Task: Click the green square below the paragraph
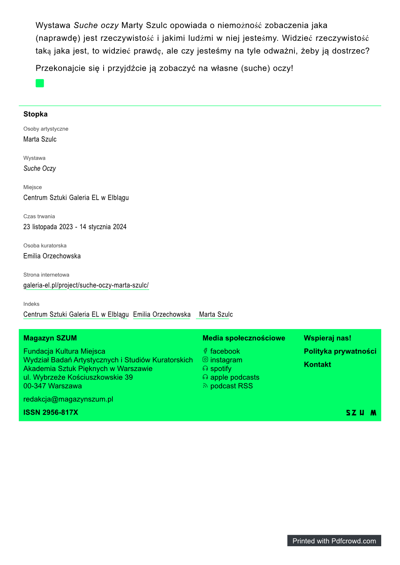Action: pyautogui.click(x=40, y=83)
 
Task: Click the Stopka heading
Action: pyautogui.click(x=36, y=114)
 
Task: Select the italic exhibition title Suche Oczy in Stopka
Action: pyautogui.click(x=40, y=168)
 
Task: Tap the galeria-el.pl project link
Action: pyautogui.click(x=86, y=285)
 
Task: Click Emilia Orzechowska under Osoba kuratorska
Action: pyautogui.click(x=52, y=256)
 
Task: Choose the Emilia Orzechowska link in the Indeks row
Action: pyautogui.click(x=162, y=314)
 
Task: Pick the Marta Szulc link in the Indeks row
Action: pyautogui.click(x=216, y=314)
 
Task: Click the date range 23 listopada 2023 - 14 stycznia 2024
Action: pyautogui.click(x=75, y=227)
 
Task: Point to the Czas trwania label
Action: pyautogui.click(x=39, y=216)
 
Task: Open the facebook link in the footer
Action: pyautogui.click(x=225, y=351)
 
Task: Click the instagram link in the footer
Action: pyautogui.click(x=226, y=360)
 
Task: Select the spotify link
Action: pyautogui.click(x=221, y=369)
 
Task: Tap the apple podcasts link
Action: pyautogui.click(x=235, y=377)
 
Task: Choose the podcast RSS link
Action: pyautogui.click(x=232, y=386)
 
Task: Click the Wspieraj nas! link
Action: pyautogui.click(x=328, y=338)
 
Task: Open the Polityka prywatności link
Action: pyautogui.click(x=340, y=351)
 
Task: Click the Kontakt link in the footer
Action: pyautogui.click(x=318, y=364)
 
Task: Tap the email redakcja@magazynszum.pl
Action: pyautogui.click(x=68, y=399)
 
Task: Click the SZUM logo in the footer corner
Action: pyautogui.click(x=361, y=413)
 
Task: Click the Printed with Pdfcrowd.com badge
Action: pyautogui.click(x=334, y=541)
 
